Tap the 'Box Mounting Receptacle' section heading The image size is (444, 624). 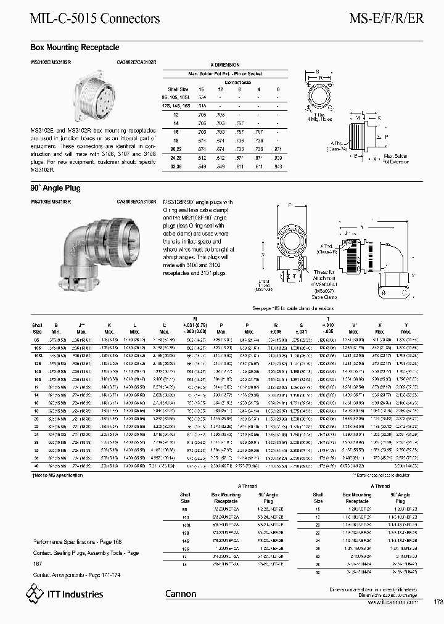75,47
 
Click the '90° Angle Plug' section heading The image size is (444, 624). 55,188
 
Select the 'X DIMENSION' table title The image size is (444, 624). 225,65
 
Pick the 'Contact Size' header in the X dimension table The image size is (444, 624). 237,82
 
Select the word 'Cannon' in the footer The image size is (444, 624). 181,594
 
